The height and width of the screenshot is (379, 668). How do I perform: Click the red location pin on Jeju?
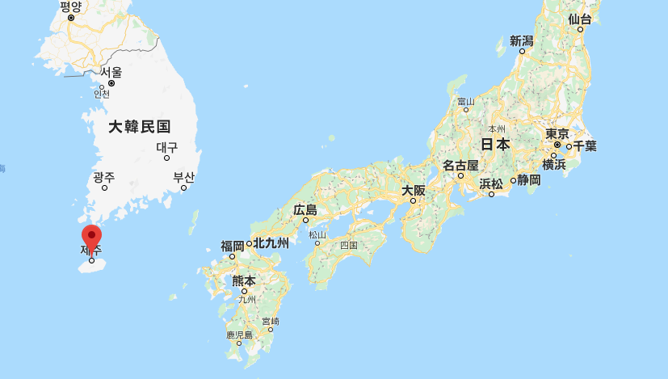[92, 237]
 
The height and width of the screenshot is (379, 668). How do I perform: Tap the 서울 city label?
[111, 72]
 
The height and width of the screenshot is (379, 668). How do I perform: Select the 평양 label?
[71, 6]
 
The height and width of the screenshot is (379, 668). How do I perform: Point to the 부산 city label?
[184, 177]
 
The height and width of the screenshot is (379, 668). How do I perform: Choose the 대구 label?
[167, 148]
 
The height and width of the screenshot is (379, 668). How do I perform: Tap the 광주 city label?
[103, 177]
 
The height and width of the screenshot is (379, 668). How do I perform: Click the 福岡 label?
[233, 246]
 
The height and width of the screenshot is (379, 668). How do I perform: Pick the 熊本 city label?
[243, 281]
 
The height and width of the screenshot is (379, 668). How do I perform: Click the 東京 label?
[557, 134]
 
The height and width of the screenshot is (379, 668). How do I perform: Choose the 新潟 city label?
[522, 40]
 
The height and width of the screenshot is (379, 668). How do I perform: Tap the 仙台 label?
[580, 19]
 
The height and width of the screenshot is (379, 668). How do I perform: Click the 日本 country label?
[495, 145]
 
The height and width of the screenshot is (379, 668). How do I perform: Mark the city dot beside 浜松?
[491, 194]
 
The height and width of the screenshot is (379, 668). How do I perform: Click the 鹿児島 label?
[239, 334]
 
